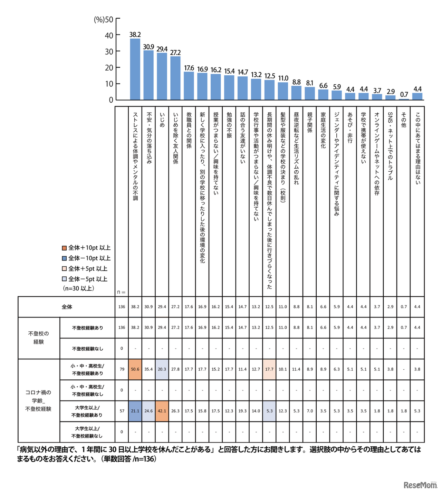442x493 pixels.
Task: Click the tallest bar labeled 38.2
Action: click(135, 69)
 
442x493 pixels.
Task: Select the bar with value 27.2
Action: click(175, 78)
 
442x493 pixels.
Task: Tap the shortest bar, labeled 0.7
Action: click(404, 99)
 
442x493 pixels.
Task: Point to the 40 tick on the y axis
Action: click(109, 35)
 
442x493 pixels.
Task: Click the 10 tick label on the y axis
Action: click(109, 84)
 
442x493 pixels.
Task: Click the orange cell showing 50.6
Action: click(135, 369)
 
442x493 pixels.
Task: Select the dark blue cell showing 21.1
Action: click(135, 411)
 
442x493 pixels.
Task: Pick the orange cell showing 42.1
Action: click(162, 411)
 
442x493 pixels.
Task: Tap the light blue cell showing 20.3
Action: click(162, 369)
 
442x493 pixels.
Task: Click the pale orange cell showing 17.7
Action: click(269, 369)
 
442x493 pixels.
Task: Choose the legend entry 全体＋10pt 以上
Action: click(86, 248)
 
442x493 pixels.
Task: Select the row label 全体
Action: click(67, 307)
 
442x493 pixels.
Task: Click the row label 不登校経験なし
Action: click(87, 349)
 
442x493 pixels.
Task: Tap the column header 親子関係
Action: click(310, 122)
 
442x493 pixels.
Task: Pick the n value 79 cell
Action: click(122, 369)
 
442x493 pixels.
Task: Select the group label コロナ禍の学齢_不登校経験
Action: click(38, 401)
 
